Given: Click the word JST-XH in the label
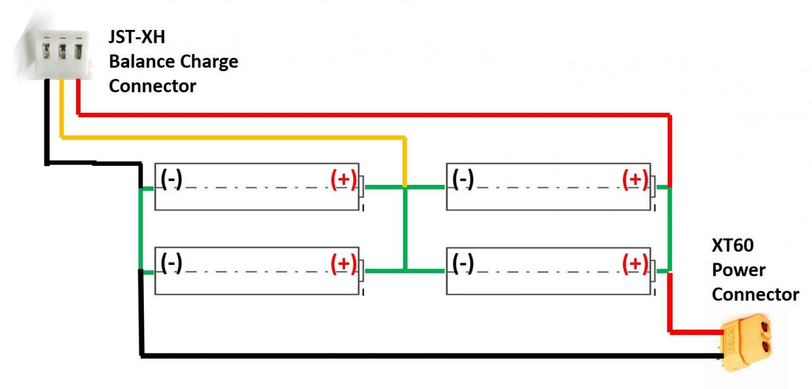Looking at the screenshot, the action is point(137,37).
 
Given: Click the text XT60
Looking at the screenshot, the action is point(732,245).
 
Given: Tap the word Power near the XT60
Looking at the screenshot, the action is point(739,270).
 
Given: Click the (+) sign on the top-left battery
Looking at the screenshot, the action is point(343,179).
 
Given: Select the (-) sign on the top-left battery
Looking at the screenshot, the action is point(171,179).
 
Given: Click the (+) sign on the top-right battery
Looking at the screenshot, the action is point(635,179).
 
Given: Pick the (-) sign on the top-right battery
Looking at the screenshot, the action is point(463,179).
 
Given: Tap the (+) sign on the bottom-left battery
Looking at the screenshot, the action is point(343,263).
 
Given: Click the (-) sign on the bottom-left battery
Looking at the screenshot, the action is point(171,263).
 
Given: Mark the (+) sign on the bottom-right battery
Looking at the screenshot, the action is point(635,263).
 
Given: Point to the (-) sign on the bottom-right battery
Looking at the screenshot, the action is point(463,263).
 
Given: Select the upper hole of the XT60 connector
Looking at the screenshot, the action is point(765,328).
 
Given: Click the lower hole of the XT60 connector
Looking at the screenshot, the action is point(765,347).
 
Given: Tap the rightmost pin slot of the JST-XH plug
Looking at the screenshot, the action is point(78,51).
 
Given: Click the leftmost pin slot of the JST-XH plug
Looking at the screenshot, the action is point(46,51).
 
